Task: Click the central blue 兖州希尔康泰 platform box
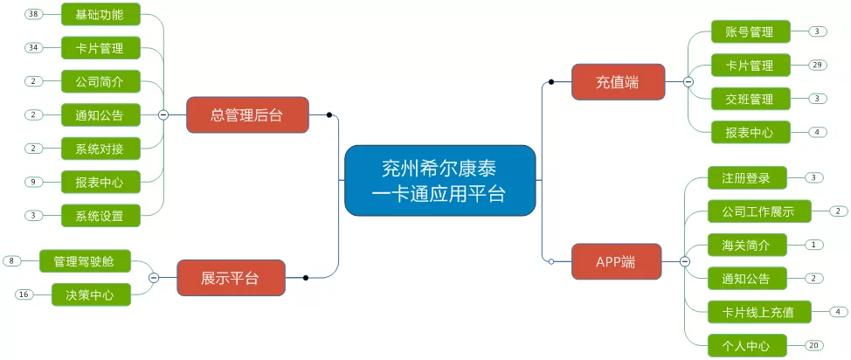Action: (440, 180)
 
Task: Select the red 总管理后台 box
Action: (247, 115)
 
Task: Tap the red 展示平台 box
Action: (232, 278)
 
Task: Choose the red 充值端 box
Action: (619, 82)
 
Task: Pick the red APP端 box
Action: (617, 262)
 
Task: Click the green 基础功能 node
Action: (100, 14)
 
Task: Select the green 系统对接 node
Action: (100, 149)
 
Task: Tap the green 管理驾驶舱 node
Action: (86, 260)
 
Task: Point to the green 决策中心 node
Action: (91, 294)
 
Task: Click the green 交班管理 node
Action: (751, 99)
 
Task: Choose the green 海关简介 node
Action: (747, 245)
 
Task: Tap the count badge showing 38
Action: (34, 14)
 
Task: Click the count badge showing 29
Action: (817, 66)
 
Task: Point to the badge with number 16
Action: (24, 294)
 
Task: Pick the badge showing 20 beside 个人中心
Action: (813, 345)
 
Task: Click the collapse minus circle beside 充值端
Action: (688, 82)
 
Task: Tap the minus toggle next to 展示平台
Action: (154, 278)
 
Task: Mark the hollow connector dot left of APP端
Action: (551, 262)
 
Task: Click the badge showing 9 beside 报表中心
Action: (34, 182)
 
